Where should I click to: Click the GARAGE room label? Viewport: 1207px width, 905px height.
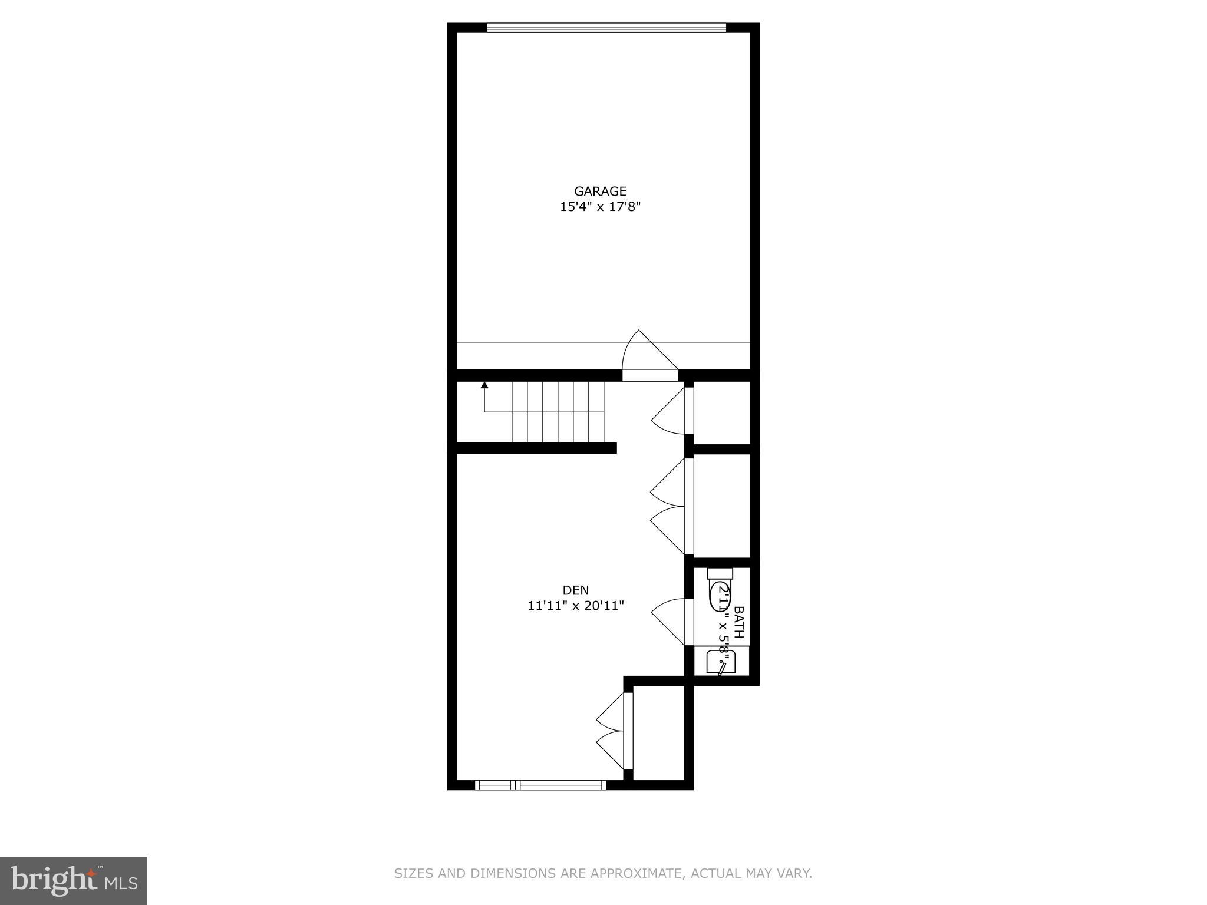(x=600, y=191)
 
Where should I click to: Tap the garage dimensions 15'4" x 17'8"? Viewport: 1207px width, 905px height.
(x=600, y=207)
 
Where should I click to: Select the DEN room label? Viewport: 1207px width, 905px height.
(x=575, y=590)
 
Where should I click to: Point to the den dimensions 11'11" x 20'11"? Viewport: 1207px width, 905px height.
(x=575, y=605)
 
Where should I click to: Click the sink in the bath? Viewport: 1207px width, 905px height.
(x=720, y=661)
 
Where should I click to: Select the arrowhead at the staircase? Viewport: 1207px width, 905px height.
(x=484, y=385)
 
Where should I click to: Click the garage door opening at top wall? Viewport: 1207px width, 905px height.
(x=606, y=27)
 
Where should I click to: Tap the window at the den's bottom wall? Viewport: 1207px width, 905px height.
(x=540, y=784)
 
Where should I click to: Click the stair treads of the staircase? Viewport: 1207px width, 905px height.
(x=558, y=412)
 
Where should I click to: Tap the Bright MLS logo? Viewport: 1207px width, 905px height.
(x=73, y=880)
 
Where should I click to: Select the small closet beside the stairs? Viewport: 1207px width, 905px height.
(x=721, y=413)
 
